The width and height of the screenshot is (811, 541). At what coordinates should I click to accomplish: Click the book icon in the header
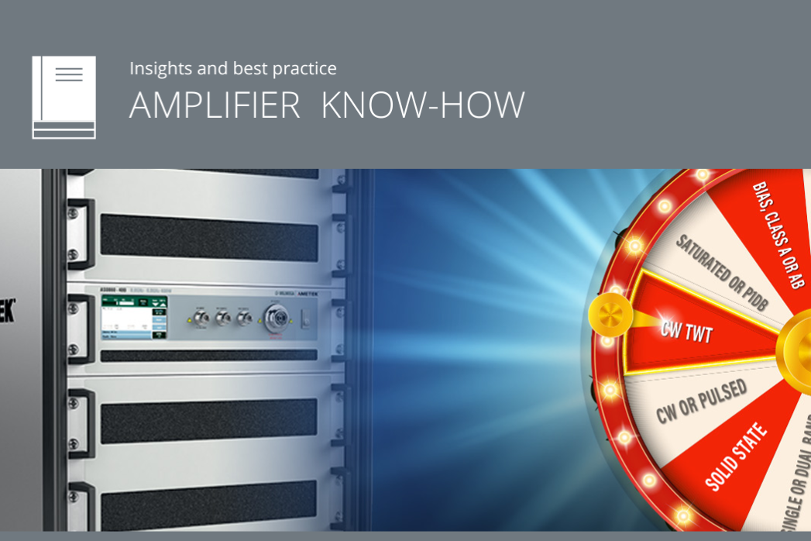point(64,97)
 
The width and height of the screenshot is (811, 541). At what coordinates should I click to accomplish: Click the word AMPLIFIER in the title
point(215,105)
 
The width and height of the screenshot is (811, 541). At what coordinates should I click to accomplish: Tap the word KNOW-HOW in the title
point(423,105)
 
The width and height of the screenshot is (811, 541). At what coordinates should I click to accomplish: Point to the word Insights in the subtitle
point(161,68)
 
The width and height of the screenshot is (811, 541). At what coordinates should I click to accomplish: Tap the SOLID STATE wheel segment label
point(737,457)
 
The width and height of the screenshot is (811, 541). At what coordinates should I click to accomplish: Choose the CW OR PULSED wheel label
point(701,401)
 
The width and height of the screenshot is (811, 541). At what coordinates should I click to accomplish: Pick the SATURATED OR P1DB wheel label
point(721,270)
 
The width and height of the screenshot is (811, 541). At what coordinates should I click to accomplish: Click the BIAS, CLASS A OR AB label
point(778,233)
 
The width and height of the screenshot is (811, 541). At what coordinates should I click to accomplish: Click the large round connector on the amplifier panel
point(275,318)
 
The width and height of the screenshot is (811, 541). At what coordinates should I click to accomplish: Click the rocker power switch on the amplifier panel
point(306,318)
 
